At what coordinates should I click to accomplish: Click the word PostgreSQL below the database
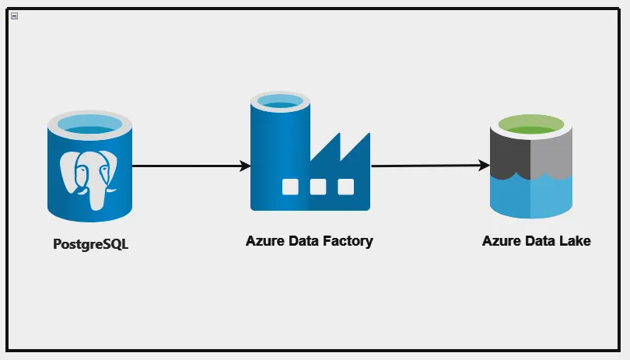[90, 244]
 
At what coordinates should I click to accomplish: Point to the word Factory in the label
[348, 241]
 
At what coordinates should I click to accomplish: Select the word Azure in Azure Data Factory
[264, 241]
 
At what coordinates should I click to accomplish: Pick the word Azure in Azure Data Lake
[501, 241]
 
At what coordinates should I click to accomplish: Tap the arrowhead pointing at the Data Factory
[245, 166]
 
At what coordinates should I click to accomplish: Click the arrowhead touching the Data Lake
[484, 166]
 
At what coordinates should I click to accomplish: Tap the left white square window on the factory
[289, 187]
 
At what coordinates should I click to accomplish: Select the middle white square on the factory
[317, 187]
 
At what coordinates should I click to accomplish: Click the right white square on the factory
[345, 187]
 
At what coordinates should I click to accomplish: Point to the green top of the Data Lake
[531, 125]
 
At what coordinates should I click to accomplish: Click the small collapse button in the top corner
[14, 16]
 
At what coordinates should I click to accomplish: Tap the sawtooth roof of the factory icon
[342, 148]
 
